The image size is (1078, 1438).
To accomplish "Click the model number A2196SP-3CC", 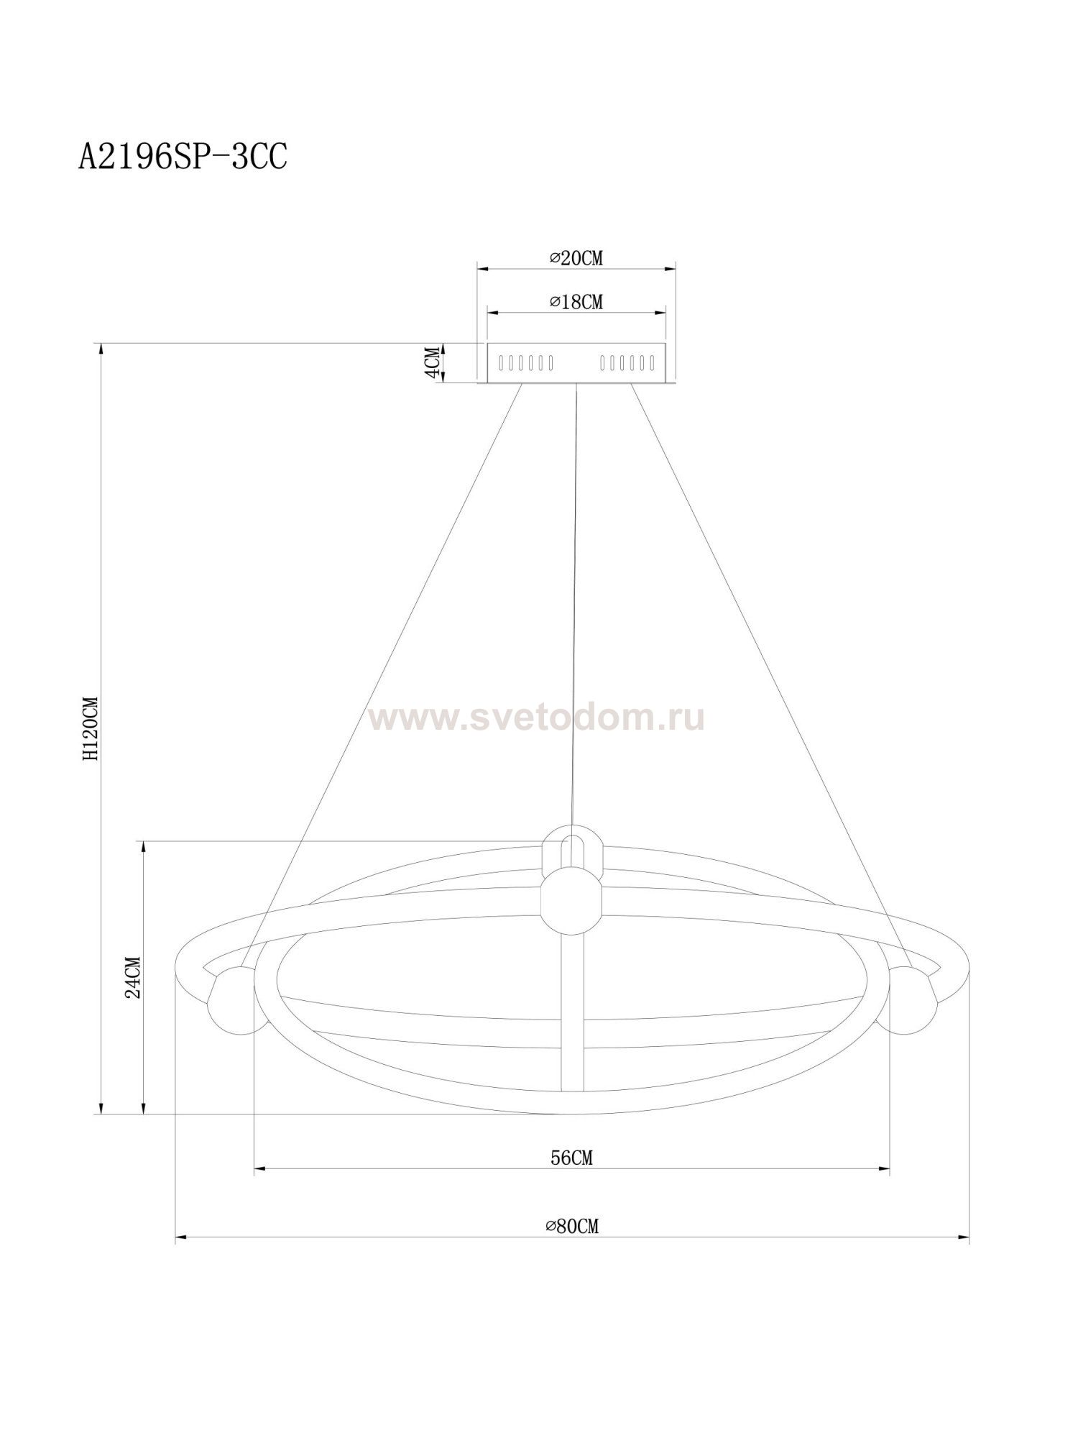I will tap(183, 157).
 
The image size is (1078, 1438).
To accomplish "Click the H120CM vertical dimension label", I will tap(90, 728).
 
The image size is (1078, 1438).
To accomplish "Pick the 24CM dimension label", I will tap(133, 977).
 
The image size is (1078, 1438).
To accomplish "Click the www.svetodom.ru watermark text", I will tap(535, 718).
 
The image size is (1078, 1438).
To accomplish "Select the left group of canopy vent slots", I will tap(526, 363).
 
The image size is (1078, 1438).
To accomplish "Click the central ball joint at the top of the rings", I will tap(571, 899).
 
